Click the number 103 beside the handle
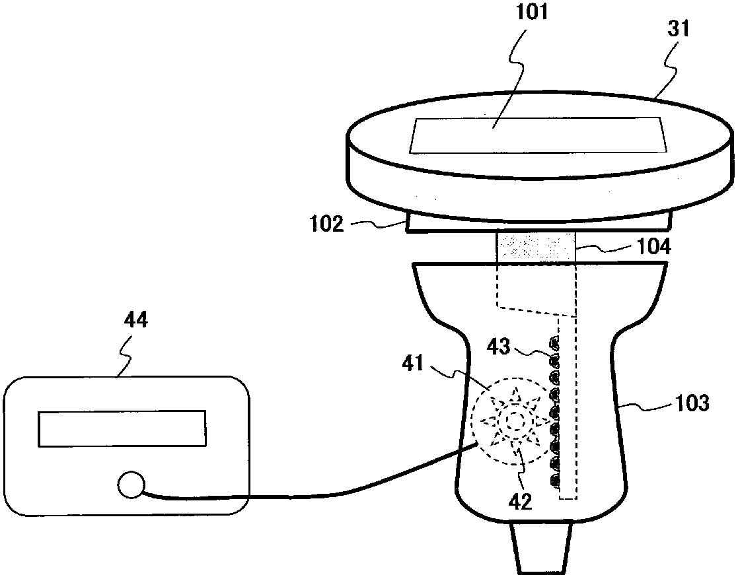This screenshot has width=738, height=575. coord(692,402)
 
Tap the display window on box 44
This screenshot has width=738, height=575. coord(122,428)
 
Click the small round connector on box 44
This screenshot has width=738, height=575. coord(129,485)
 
